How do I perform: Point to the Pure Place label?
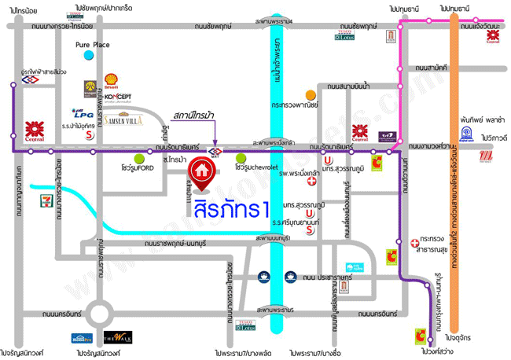[92, 46]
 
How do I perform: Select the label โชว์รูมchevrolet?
[260, 167]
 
